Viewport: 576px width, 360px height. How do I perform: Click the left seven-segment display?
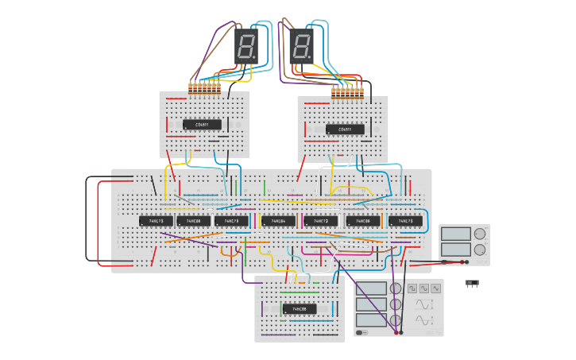(246, 47)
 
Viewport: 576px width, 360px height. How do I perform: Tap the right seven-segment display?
(301, 47)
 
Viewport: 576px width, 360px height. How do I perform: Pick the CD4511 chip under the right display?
(345, 129)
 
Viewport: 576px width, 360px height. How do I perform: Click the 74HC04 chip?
(278, 221)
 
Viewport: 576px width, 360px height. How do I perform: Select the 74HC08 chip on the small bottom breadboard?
(299, 308)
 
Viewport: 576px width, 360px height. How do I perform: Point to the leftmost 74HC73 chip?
(156, 221)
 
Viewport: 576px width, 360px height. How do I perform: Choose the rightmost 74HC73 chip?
(405, 221)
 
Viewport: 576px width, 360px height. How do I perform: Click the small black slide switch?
(472, 284)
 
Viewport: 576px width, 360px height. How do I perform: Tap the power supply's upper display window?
(455, 234)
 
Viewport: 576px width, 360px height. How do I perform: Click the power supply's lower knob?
(480, 250)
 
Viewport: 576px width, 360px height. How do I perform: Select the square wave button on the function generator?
(412, 288)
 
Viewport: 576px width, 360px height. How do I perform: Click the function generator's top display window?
(372, 288)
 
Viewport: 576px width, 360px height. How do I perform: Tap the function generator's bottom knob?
(395, 319)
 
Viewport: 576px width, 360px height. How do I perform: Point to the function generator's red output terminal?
(400, 332)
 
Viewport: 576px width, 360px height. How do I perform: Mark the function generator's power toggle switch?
(362, 332)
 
